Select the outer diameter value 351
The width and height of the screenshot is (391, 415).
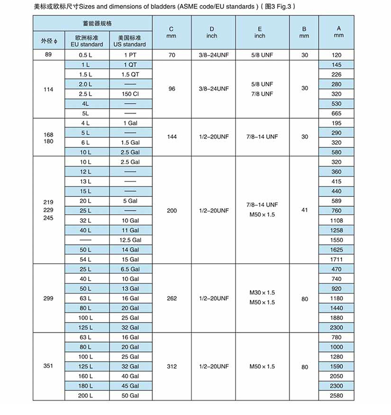point(48,366)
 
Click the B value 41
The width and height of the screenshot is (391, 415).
point(304,210)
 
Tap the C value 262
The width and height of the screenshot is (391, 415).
point(172,298)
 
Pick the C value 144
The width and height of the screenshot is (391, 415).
point(172,137)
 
